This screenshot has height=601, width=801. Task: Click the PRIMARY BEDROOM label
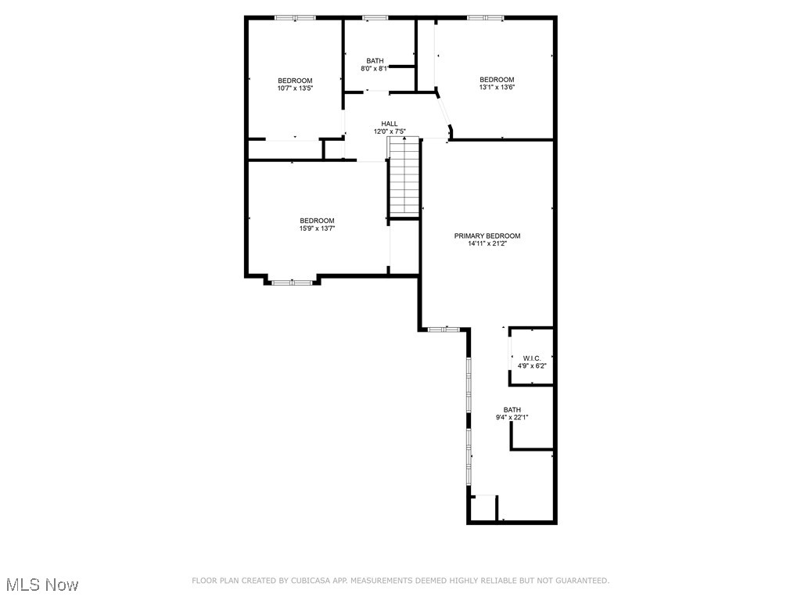coord(487,236)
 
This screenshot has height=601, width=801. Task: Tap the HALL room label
coord(390,124)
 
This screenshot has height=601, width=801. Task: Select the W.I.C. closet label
coord(532,358)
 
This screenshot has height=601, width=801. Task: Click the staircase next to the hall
coord(404,176)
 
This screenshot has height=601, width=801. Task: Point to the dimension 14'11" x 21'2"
coord(487,244)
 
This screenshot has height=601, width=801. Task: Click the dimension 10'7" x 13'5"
coord(295,88)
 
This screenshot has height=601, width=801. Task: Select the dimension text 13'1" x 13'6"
coord(497,88)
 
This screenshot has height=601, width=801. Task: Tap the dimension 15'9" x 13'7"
coord(317,229)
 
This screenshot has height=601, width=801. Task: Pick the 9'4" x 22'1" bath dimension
coord(512,418)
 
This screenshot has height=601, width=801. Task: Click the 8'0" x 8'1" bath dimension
coord(375,69)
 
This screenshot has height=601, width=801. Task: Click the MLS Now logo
coord(42,585)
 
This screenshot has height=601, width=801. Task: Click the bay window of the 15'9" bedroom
coord(293,282)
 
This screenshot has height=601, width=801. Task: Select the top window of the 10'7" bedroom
coord(295,17)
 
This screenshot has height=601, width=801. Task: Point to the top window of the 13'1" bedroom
coord(486,17)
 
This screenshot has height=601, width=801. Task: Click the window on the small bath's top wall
coord(375,17)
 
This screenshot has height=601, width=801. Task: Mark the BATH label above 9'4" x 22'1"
coord(512,410)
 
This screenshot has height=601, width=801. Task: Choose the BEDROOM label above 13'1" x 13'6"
coord(497,80)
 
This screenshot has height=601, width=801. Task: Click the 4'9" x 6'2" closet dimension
coord(532,366)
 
